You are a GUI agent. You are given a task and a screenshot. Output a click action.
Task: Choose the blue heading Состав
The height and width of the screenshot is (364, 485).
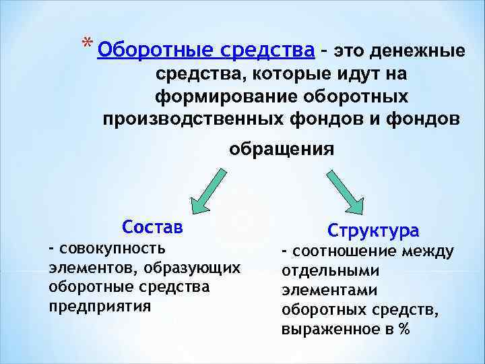[x=152, y=227]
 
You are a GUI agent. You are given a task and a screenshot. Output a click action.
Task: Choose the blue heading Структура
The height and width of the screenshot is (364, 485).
[x=373, y=231]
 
